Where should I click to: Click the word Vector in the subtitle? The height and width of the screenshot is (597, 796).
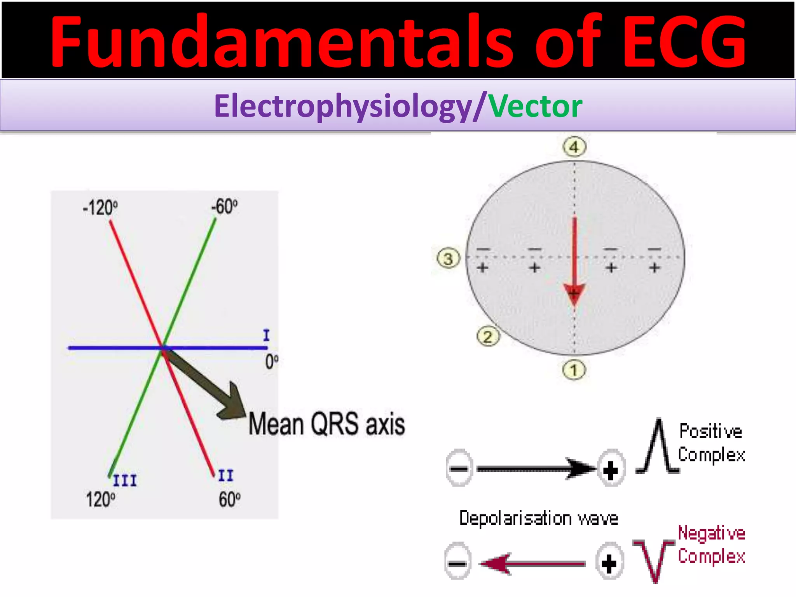[535, 106]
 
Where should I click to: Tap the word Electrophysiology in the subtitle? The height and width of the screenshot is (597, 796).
[343, 106]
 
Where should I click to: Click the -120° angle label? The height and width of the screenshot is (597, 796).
[100, 208]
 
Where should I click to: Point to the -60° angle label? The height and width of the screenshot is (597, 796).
[225, 206]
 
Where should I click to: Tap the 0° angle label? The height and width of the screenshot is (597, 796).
[272, 362]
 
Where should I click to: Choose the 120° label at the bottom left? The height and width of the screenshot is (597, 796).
[100, 499]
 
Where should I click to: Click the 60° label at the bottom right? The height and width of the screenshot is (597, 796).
[229, 499]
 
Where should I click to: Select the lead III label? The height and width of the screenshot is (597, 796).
[125, 481]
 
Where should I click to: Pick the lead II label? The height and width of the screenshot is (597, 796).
[226, 475]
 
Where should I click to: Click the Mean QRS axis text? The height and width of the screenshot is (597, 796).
[326, 424]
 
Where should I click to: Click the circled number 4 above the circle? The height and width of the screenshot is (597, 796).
[574, 147]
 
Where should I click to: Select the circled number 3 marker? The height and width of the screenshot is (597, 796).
[449, 258]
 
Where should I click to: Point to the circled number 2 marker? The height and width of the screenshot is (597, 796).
[488, 337]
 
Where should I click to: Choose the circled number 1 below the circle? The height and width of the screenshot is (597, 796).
[574, 370]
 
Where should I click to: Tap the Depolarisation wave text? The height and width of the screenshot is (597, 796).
[539, 518]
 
